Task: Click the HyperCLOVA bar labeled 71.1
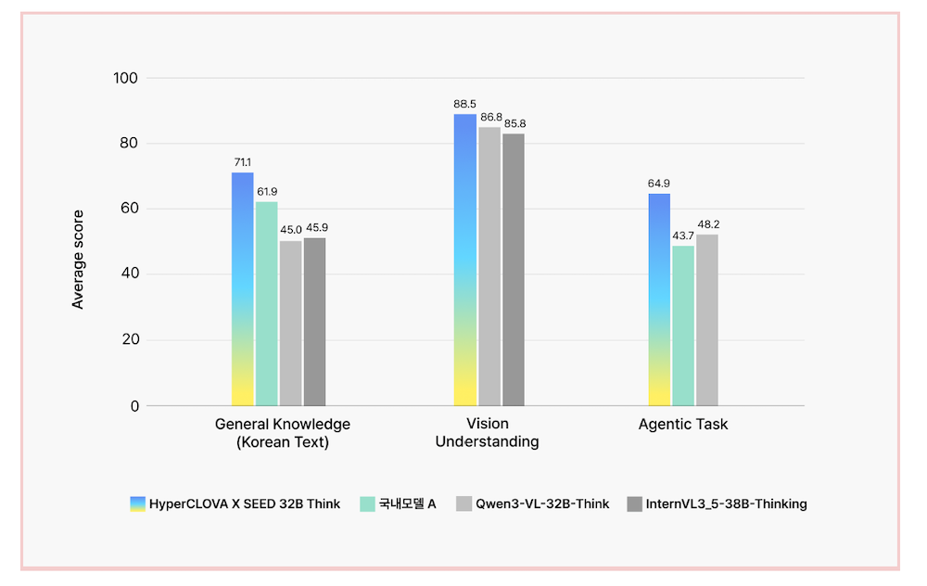pyautogui.click(x=242, y=289)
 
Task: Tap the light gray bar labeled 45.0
pyautogui.click(x=291, y=324)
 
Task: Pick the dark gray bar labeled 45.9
pyautogui.click(x=315, y=322)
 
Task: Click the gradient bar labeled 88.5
pyautogui.click(x=465, y=260)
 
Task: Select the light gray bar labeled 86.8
pyautogui.click(x=489, y=266)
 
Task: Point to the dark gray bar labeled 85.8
pyautogui.click(x=514, y=270)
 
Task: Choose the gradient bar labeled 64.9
pyautogui.click(x=659, y=299)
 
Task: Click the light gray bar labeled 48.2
pyautogui.click(x=707, y=320)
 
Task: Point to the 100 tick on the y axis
pyautogui.click(x=125, y=78)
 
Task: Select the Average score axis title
pyautogui.click(x=79, y=260)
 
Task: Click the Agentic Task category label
pyautogui.click(x=683, y=425)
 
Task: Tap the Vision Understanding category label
pyautogui.click(x=487, y=433)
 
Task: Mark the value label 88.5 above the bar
pyautogui.click(x=465, y=105)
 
